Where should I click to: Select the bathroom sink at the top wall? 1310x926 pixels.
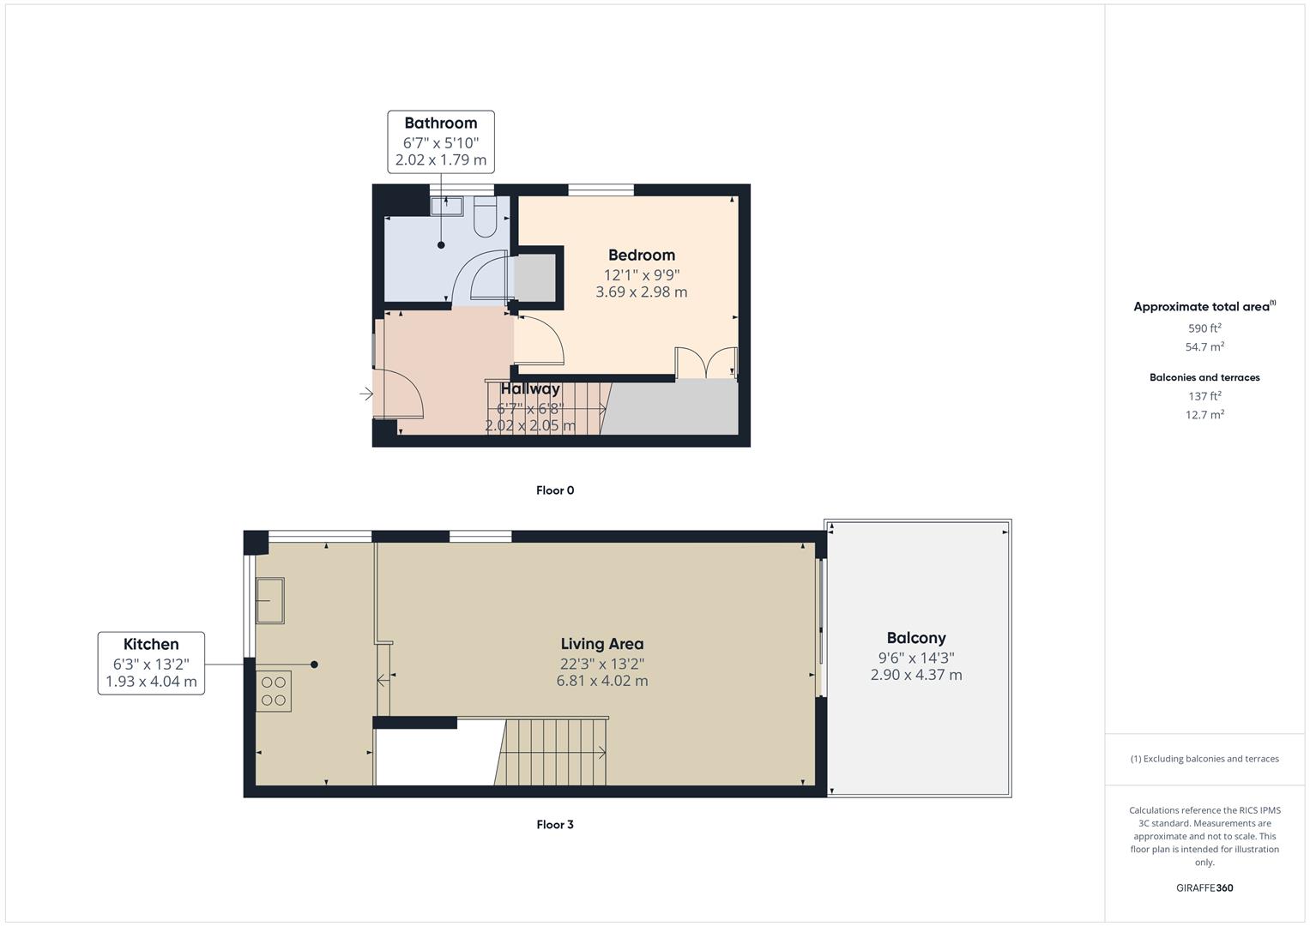point(446,205)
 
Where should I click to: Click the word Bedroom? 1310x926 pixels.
point(641,255)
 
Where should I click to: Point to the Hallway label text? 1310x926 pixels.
point(530,388)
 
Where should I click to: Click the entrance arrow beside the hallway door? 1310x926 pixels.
point(366,394)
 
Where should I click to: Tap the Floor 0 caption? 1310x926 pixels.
point(554,490)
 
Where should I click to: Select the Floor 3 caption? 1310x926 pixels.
point(554,825)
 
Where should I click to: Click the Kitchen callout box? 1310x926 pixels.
point(151,663)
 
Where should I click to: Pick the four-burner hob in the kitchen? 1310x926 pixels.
point(274,691)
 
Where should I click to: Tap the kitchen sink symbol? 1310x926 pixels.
point(270,600)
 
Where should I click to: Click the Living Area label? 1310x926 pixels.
point(601,644)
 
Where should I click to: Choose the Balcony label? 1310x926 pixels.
point(916,638)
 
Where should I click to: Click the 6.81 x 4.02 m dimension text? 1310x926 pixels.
point(601,681)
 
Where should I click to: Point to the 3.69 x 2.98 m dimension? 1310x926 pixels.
point(641,292)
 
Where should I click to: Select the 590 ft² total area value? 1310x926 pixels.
point(1204,328)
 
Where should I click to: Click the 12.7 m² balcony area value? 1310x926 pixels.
point(1204,415)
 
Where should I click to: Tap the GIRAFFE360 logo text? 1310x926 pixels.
point(1204,888)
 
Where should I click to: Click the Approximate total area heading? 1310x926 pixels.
point(1201,307)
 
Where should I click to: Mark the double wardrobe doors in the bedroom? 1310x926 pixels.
point(706,362)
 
